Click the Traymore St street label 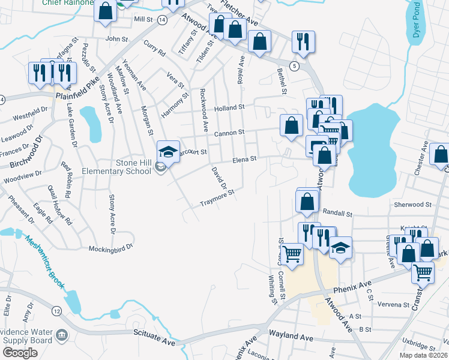(216, 199)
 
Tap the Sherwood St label (413, 205)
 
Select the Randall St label (337, 212)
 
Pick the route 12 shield (56, 311)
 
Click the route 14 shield (163, 20)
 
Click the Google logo (20, 352)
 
